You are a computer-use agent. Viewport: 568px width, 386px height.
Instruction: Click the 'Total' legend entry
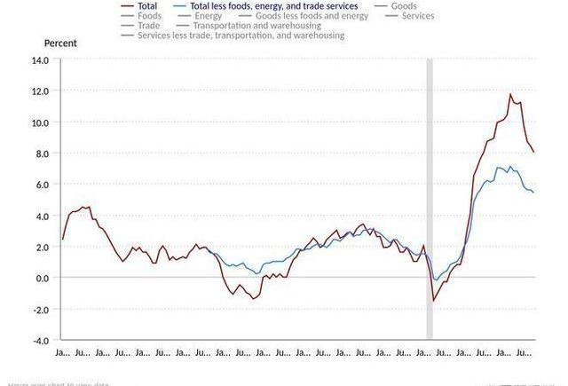click(147, 6)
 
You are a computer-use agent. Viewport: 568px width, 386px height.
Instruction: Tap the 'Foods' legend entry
click(149, 16)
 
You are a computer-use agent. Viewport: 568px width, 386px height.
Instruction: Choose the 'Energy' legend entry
click(208, 16)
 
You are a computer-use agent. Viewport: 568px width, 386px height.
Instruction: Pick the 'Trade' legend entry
click(148, 26)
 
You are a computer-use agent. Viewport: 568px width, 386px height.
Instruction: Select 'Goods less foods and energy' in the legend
click(311, 16)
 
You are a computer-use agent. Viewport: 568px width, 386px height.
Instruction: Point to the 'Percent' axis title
click(60, 43)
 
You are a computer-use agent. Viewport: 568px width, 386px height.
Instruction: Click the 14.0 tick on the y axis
click(40, 60)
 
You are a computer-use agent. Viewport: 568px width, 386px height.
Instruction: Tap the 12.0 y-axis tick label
click(40, 91)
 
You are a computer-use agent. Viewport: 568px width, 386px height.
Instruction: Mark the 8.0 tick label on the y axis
click(42, 154)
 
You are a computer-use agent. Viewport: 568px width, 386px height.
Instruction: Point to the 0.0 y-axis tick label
click(42, 278)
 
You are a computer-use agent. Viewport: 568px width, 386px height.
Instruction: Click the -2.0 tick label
click(40, 309)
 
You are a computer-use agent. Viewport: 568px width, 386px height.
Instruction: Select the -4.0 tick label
click(40, 340)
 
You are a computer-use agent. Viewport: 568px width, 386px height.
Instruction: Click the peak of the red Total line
click(510, 94)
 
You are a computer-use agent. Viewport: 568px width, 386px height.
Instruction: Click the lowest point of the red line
click(434, 301)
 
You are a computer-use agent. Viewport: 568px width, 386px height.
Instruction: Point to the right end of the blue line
click(533, 193)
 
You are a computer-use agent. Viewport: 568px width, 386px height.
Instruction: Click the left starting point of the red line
click(62, 240)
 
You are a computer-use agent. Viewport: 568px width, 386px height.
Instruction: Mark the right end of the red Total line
click(533, 152)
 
